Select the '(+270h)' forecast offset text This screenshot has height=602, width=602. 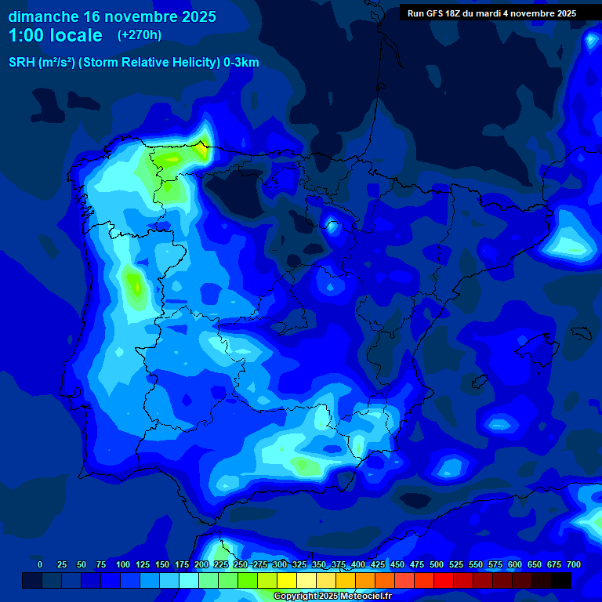pyautogui.click(x=139, y=35)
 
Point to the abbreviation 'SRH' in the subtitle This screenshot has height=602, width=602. pyautogui.click(x=22, y=63)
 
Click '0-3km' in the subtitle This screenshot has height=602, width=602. pyautogui.click(x=241, y=63)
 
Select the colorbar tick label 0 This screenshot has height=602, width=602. pyautogui.click(x=40, y=564)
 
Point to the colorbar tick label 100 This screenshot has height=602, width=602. pyautogui.click(x=123, y=564)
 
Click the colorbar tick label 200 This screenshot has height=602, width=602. pyautogui.click(x=201, y=564)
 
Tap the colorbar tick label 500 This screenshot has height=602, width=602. pyautogui.click(x=437, y=564)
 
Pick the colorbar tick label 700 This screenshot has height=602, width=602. pyautogui.click(x=574, y=564)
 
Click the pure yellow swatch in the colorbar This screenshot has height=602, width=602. pyautogui.click(x=287, y=581)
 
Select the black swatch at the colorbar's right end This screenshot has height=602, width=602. pyautogui.click(x=561, y=581)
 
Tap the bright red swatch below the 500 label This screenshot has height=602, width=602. pyautogui.click(x=444, y=581)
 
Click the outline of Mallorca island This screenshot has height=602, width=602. pyautogui.click(x=541, y=346)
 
